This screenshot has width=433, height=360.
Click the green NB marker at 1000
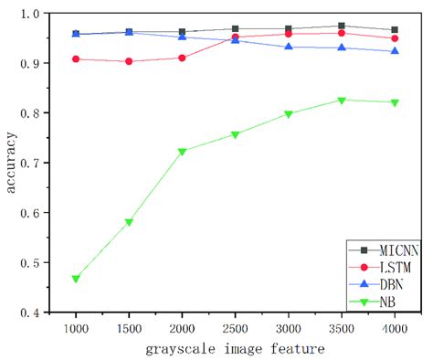(x=76, y=279)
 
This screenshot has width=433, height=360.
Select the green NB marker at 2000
(x=183, y=152)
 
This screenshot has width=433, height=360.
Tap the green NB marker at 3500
(x=342, y=101)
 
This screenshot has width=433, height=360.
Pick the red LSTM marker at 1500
(x=129, y=61)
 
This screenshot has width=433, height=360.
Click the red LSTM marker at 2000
(x=183, y=58)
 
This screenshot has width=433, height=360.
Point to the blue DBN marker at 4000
(x=395, y=51)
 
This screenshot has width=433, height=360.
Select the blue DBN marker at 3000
(x=289, y=47)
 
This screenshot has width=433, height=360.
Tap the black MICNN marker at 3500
(x=342, y=26)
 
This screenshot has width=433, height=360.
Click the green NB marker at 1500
(x=129, y=222)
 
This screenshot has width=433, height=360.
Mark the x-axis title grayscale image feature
(x=236, y=348)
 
